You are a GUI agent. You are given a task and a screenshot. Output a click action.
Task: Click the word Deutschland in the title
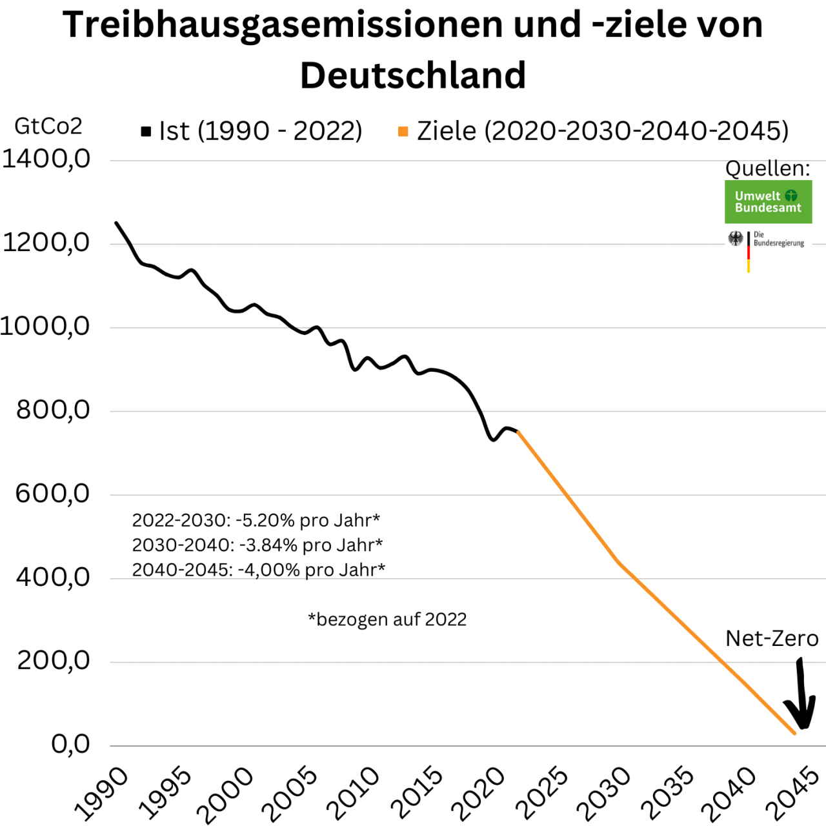pos(413,75)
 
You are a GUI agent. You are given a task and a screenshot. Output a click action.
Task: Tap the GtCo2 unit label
pos(48,126)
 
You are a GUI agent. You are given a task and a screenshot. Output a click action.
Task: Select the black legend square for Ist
pos(146,132)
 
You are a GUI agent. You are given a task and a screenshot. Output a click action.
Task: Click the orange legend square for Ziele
pos(403,132)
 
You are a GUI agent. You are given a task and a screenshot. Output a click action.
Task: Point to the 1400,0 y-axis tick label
pos(46,159)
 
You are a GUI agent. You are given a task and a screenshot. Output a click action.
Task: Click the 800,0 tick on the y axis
pos(53,410)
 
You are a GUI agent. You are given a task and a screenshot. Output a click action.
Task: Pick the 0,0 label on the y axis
pos(70,744)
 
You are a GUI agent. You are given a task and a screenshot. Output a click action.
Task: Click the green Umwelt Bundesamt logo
pos(768,202)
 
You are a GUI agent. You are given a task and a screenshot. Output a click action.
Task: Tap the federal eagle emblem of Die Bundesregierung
pos(736,239)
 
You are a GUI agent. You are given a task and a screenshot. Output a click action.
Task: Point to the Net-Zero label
pos(772,638)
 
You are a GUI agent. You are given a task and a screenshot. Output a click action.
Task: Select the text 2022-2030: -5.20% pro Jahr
pos(256,520)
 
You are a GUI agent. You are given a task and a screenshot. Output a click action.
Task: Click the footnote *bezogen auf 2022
pos(387,619)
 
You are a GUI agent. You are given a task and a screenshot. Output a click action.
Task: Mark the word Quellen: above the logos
pos(767,168)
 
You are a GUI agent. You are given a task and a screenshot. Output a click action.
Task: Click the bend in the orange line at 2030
pos(618,562)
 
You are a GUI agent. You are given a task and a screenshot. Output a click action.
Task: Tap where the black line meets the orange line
pos(518,432)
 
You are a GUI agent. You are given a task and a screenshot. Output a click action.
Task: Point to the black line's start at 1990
pos(116,223)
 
